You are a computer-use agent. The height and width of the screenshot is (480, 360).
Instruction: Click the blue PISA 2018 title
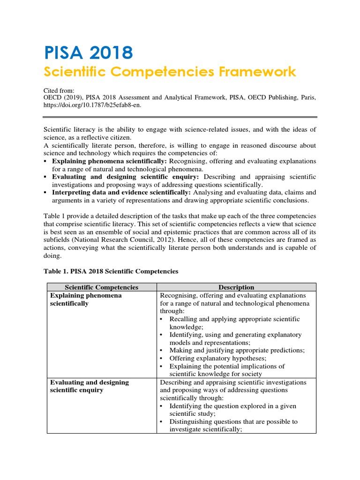[x=89, y=52]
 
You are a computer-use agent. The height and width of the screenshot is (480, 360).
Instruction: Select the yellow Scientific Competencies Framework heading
[x=170, y=72]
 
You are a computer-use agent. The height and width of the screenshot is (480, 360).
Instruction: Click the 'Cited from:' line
[x=59, y=90]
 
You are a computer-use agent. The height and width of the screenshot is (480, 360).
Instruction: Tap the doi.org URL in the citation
[x=92, y=105]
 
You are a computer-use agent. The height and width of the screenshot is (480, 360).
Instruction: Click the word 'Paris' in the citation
[x=307, y=97]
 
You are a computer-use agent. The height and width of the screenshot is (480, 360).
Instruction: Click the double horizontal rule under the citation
[x=180, y=117]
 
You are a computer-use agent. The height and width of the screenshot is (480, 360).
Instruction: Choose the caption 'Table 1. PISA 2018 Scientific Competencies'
[x=111, y=271]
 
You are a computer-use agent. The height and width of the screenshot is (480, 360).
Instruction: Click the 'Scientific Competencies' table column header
[x=101, y=287]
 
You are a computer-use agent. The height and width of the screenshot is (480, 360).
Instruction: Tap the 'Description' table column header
[x=236, y=287]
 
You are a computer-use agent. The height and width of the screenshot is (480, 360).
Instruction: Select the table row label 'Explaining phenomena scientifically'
[x=86, y=299]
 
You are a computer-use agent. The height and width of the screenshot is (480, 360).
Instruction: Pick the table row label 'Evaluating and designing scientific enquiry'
[x=89, y=386]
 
